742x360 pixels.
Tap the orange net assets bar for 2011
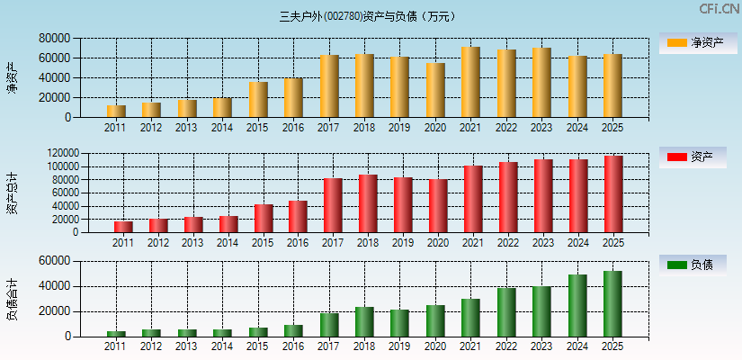coord(116,112)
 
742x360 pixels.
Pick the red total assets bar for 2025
coord(612,194)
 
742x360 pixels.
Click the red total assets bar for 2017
coord(333,205)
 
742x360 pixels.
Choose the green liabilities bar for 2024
coord(577,306)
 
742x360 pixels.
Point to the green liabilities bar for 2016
coord(293,330)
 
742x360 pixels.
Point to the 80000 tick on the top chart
coord(54,39)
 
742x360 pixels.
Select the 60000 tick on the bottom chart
coord(54,261)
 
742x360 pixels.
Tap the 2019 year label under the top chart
coord(399,127)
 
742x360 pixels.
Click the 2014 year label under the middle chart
coord(228,243)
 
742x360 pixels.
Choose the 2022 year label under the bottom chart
coord(506,346)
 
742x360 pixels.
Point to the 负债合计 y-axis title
coord(12,299)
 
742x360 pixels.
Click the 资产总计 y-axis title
coord(12,193)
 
